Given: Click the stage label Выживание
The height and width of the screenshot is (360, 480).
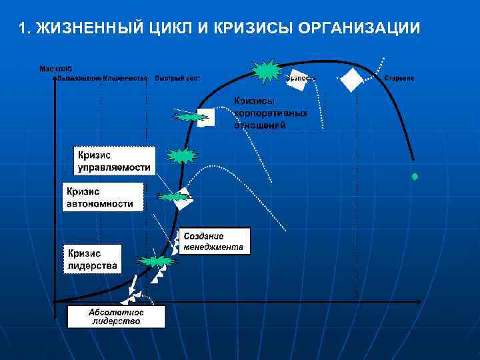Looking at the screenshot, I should coord(79,78).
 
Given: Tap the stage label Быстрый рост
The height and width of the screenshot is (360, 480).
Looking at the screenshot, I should coord(177,78).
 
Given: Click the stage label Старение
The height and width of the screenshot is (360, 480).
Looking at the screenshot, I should coord(399,78).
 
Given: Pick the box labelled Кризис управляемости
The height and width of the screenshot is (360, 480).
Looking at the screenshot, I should coord(113,161).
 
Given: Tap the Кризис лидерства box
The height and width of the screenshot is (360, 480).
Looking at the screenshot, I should coord(93,259).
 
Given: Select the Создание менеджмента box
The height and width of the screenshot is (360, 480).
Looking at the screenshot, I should coord(214,241).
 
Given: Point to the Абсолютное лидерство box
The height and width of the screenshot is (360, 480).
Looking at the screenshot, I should coord(116,316).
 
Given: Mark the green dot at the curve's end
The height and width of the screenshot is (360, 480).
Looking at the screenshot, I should coord(415,177).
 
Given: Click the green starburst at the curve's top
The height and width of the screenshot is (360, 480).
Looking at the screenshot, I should coord(267,69).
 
